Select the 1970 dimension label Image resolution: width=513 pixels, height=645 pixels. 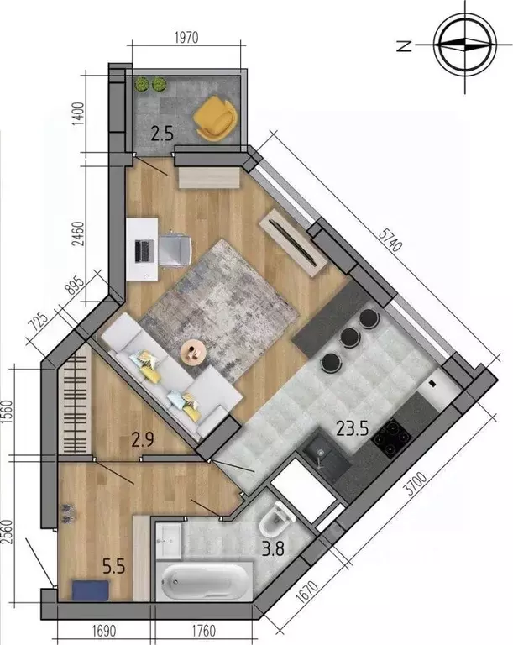[x=186, y=38]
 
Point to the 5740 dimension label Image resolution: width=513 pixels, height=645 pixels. [x=390, y=240]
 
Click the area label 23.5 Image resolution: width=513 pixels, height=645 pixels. [x=352, y=428]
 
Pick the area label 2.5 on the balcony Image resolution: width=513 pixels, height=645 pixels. [x=162, y=134]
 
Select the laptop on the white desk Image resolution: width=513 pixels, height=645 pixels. [x=144, y=252]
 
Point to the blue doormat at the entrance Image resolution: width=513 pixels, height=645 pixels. [x=91, y=590]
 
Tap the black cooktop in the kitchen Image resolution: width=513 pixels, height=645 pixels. [x=390, y=438]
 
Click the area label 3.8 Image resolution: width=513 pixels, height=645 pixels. [x=273, y=548]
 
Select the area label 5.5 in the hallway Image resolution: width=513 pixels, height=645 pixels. [x=113, y=567]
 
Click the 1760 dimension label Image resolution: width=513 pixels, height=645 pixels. [x=204, y=631]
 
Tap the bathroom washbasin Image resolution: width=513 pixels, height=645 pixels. [x=169, y=541]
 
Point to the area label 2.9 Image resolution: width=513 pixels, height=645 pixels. [x=143, y=440]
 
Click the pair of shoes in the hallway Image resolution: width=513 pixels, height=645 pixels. [x=67, y=513]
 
